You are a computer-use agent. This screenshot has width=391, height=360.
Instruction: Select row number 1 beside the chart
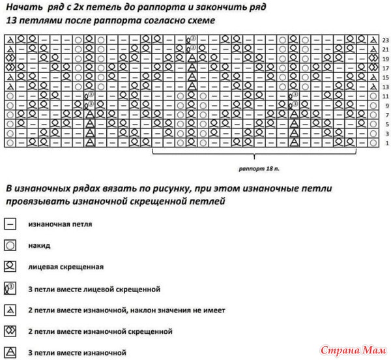click(386, 142)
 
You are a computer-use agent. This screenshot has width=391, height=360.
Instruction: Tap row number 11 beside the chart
click(386, 96)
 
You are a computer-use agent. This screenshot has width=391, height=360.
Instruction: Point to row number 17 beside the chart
click(386, 68)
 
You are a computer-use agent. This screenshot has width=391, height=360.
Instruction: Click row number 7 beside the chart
click(386, 114)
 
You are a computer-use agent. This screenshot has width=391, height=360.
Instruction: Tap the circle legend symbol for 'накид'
click(10, 246)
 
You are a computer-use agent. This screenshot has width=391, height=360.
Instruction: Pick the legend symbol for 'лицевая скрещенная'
click(10, 267)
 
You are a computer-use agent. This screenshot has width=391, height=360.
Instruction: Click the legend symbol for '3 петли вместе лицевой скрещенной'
click(10, 288)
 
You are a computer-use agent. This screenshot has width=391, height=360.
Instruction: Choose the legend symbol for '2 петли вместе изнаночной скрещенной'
click(10, 331)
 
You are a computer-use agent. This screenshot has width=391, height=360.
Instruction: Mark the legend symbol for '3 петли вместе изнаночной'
click(10, 352)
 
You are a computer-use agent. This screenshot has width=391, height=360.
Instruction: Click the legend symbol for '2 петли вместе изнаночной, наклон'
click(10, 309)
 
